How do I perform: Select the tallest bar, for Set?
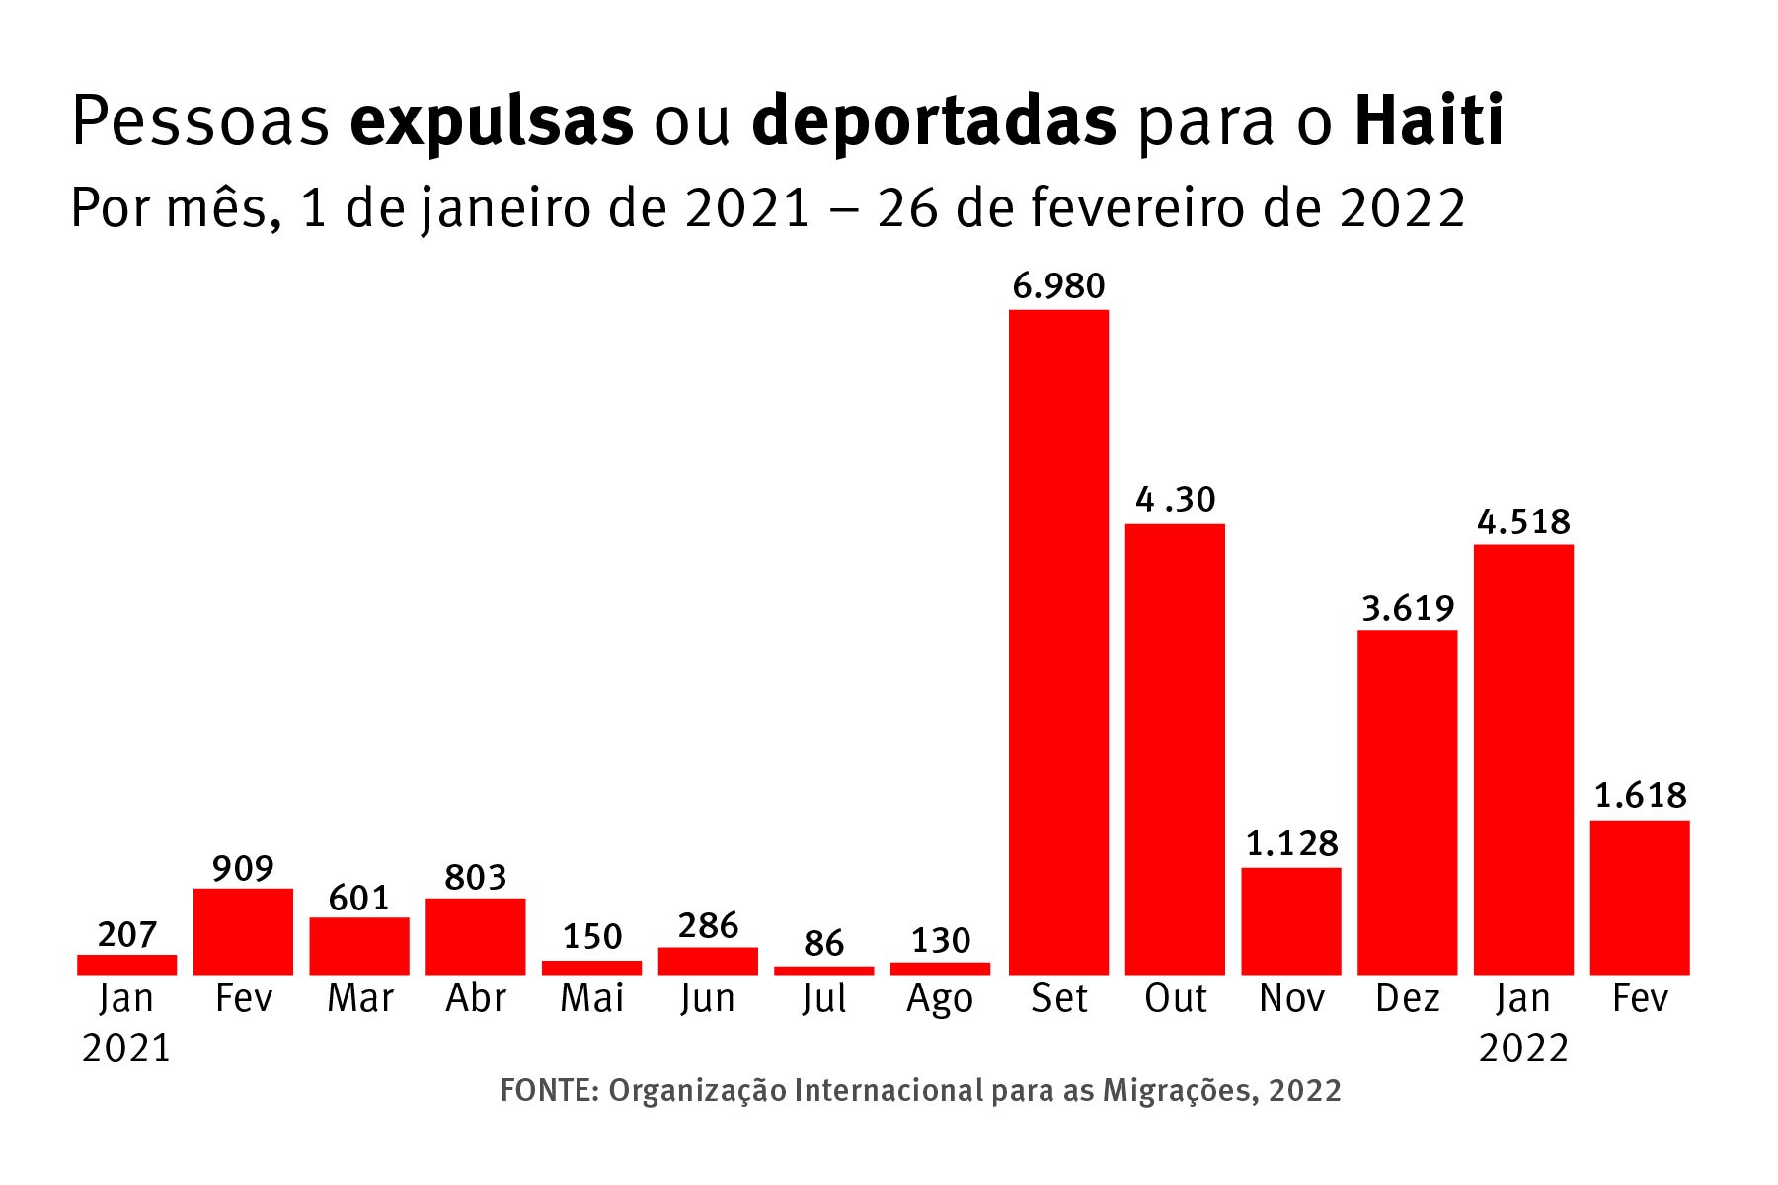tap(1058, 642)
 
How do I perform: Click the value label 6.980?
tap(1058, 286)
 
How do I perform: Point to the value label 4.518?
tap(1523, 521)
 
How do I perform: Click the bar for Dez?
tap(1407, 802)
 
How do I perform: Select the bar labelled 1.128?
tap(1290, 920)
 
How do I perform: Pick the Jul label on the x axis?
tap(823, 998)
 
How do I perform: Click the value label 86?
tap(823, 944)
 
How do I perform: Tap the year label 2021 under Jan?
tap(126, 1048)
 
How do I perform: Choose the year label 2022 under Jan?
tap(1523, 1048)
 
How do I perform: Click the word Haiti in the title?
tap(1429, 121)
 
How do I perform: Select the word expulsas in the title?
tap(491, 121)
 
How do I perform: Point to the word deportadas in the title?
tap(933, 121)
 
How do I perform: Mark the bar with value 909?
tap(243, 931)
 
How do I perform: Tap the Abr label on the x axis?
tap(475, 998)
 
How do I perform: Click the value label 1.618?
tap(1640, 796)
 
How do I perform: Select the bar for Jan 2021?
tap(126, 965)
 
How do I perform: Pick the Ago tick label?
tap(940, 999)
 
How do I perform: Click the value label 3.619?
tap(1407, 608)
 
